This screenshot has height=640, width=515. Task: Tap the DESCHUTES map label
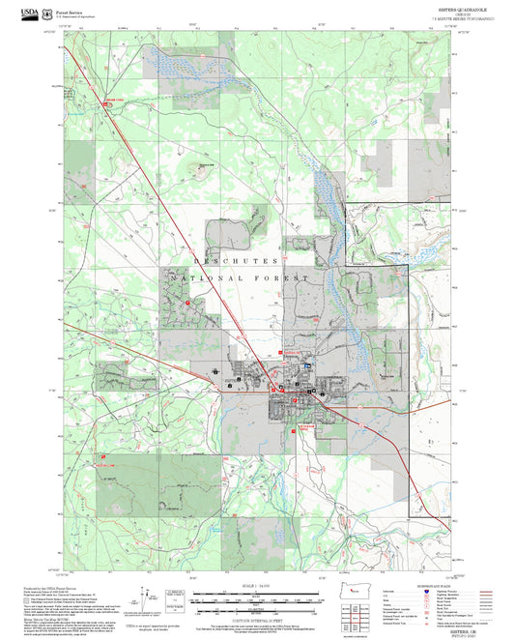tap(237, 261)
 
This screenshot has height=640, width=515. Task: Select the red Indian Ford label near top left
tap(114, 100)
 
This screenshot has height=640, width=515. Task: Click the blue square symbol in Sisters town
tap(307, 366)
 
